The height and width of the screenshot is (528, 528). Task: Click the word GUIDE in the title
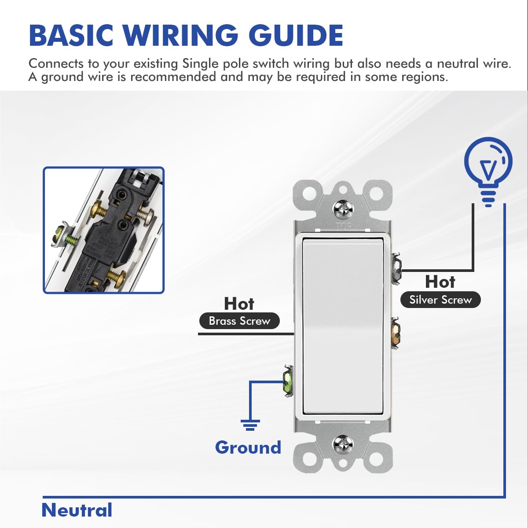tap(296, 35)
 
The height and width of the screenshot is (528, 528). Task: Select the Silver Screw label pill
tap(440, 300)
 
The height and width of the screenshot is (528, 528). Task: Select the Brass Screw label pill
tap(239, 321)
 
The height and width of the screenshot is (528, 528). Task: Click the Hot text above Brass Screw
tap(239, 304)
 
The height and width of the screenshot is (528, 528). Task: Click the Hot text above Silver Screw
tap(440, 282)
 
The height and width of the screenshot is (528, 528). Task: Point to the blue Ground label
tap(248, 447)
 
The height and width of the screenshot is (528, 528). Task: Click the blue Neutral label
tap(77, 510)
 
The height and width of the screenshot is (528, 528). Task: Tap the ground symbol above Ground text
tap(250, 425)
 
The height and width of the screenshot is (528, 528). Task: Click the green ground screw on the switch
tap(288, 381)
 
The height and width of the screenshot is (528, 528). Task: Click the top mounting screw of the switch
tap(343, 209)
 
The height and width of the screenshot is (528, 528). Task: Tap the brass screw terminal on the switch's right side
tap(396, 332)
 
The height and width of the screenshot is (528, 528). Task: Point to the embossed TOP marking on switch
tap(344, 227)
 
